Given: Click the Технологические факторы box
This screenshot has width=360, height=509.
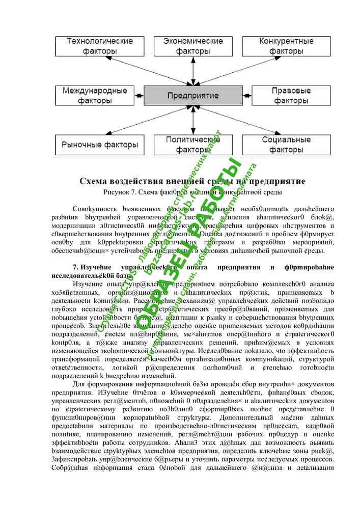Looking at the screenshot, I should click(x=93, y=46).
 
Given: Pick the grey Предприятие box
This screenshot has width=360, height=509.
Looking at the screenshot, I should click(x=193, y=96).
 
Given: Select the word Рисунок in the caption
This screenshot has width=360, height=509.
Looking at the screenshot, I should click(x=117, y=192).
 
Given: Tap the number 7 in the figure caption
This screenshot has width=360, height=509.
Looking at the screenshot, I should click(x=135, y=192).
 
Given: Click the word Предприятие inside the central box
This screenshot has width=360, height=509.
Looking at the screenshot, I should click(x=193, y=96).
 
